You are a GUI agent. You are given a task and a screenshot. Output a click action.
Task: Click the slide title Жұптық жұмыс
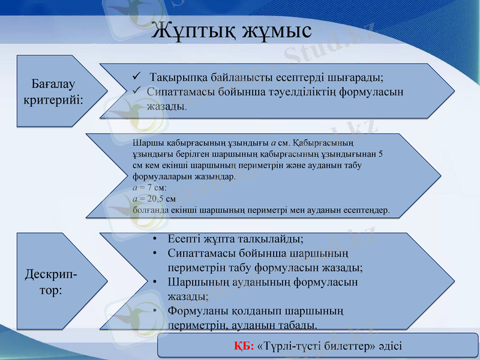[x=231, y=29]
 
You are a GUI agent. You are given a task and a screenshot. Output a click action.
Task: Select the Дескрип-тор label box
[x=51, y=281]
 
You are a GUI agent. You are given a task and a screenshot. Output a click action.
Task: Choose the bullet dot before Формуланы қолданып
[x=155, y=311]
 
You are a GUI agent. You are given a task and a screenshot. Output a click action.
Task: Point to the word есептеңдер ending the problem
[x=367, y=211]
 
